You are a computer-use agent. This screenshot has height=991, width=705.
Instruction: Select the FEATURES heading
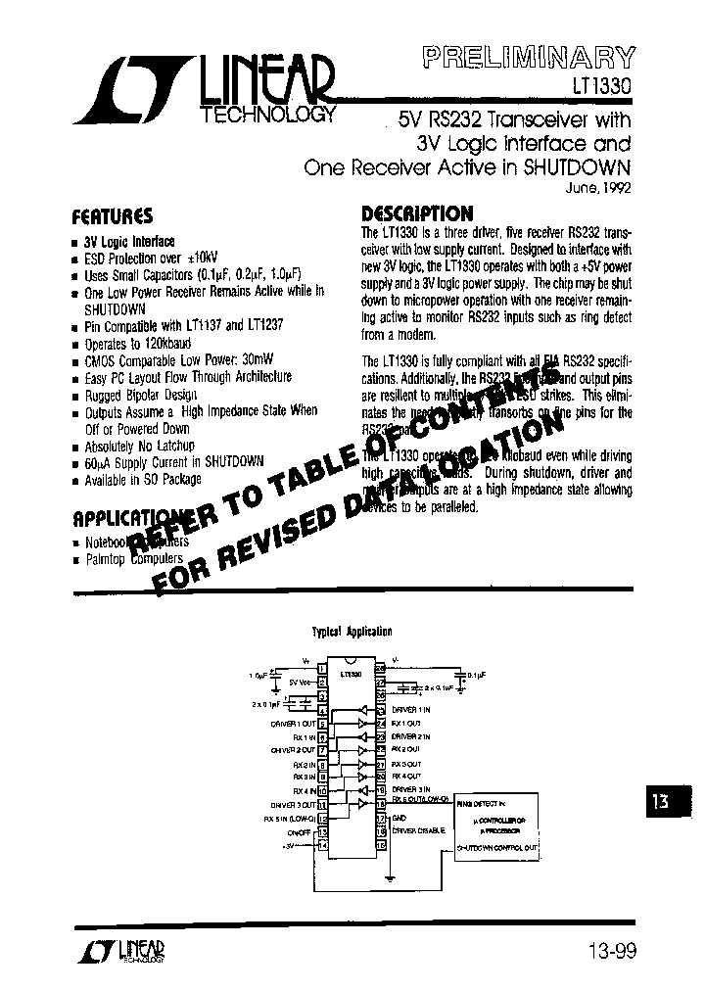click(x=113, y=215)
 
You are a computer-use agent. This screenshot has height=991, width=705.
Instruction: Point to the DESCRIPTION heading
click(x=417, y=213)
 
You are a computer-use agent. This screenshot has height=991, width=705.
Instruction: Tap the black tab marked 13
click(x=662, y=801)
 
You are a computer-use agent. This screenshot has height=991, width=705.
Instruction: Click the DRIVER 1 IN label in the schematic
click(x=411, y=708)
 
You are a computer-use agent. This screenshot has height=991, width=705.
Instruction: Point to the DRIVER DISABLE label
click(x=418, y=830)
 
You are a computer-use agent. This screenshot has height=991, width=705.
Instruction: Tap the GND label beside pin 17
click(x=399, y=815)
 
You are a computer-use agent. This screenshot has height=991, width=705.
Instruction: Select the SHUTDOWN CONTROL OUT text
click(x=498, y=845)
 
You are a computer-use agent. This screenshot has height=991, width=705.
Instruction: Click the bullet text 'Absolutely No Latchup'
click(x=139, y=447)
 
